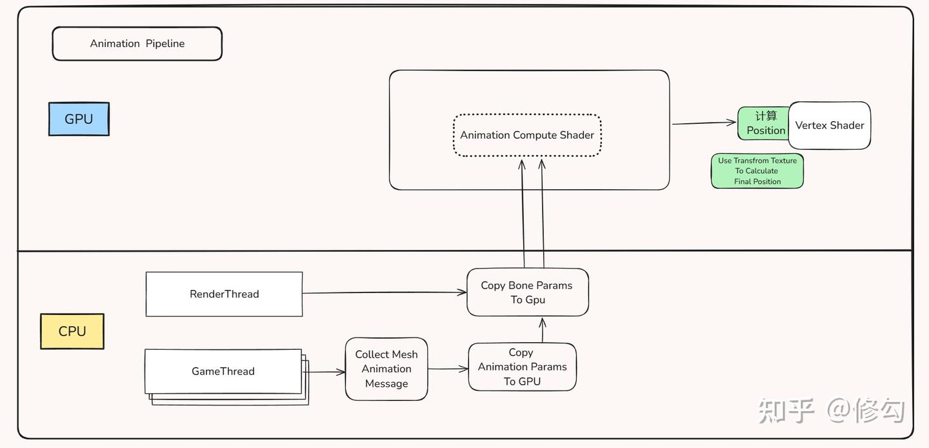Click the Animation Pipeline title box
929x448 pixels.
coord(137,44)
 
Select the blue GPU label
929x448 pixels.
coord(79,119)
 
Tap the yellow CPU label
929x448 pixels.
coord(72,331)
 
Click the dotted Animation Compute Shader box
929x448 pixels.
coord(527,136)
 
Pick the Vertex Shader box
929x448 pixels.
coord(830,125)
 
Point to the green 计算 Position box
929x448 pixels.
coord(764,123)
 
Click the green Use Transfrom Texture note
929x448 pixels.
coord(757,171)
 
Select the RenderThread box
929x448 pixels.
coord(224,294)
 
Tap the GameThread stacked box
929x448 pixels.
coord(223,371)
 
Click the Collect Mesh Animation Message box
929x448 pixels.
coord(386,369)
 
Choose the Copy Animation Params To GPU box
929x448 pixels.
coord(522,367)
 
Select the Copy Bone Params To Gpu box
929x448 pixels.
coord(527,292)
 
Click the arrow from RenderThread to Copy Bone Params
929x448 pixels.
coord(384,293)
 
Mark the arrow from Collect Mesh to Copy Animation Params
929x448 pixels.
coord(448,369)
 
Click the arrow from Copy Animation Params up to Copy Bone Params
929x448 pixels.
coord(543,329)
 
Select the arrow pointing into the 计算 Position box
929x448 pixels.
coord(703,123)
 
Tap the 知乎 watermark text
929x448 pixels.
coord(786,411)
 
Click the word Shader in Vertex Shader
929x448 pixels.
coord(846,125)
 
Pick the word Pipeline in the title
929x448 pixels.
coord(165,44)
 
